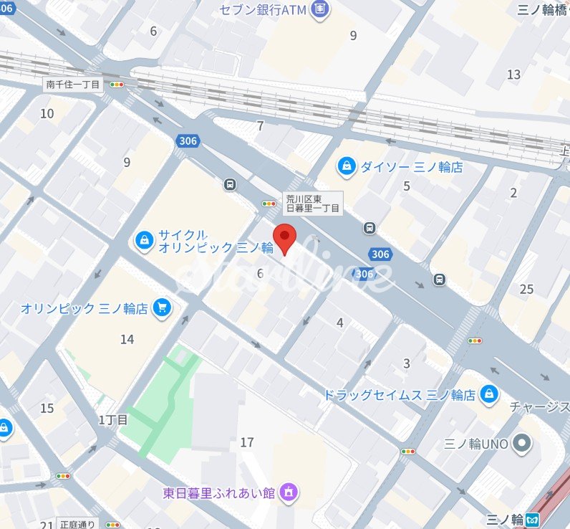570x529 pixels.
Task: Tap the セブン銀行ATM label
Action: pos(263,10)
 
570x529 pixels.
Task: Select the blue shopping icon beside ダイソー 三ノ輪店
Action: pos(347,167)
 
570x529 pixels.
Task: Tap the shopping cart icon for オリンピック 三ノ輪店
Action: pos(162,308)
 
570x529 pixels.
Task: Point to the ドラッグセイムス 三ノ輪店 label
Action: pos(400,394)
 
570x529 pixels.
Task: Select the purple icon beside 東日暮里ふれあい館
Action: pos(289,492)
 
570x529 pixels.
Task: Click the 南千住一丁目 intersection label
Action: pos(74,85)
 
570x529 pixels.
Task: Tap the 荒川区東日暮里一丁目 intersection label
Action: pos(313,203)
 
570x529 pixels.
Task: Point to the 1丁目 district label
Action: pos(112,419)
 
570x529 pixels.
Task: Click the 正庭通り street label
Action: pos(77,524)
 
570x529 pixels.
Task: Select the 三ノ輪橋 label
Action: pos(543,10)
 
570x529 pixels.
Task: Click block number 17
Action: pos(247,442)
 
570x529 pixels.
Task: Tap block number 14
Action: pos(127,339)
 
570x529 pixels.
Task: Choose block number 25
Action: pos(527,289)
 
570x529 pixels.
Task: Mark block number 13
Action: pos(513,75)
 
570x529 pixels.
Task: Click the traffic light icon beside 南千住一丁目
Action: pos(116,85)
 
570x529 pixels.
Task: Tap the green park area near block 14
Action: pos(165,401)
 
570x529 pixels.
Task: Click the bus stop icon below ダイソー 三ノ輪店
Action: pos(369,228)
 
